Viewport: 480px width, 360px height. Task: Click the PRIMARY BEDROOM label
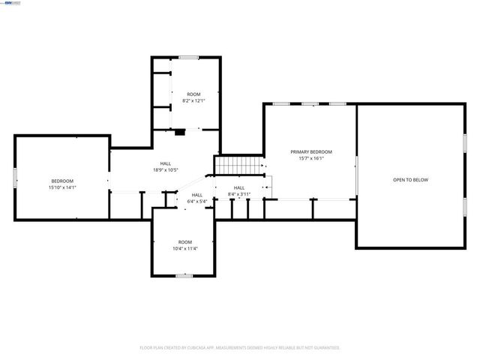tap(310, 151)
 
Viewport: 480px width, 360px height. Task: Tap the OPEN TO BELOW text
tap(410, 180)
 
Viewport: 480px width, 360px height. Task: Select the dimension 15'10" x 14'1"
tap(62, 187)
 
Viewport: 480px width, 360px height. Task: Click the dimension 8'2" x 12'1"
tap(193, 100)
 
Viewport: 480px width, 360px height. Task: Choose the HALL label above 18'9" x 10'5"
tap(165, 163)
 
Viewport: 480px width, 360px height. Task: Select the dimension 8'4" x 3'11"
tap(238, 193)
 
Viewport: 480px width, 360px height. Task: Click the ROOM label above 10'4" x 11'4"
tap(184, 242)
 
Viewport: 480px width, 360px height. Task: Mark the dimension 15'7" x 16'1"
tap(310, 158)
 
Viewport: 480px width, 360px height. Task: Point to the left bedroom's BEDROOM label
tap(62, 181)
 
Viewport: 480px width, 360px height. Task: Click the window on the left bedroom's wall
tap(15, 178)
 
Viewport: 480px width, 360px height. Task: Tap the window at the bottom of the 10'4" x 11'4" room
tap(184, 275)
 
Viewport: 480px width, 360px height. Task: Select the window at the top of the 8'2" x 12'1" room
tap(188, 57)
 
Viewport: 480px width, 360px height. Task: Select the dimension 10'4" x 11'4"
tap(184, 249)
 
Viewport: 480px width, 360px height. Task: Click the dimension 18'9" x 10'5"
tap(165, 169)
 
